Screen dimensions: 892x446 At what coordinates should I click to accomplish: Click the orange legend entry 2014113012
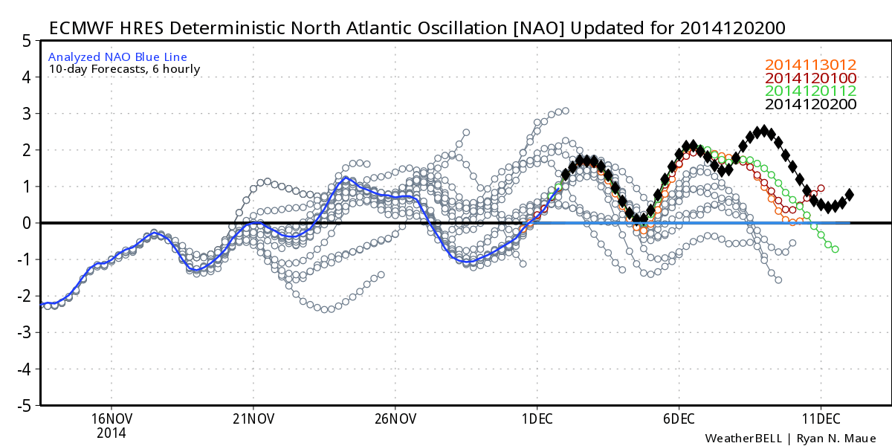(810, 65)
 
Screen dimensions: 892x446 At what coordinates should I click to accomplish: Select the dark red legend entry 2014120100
(810, 78)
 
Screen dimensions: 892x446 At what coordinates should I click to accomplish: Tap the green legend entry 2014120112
(810, 91)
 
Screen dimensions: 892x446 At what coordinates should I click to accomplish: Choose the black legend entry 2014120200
(810, 104)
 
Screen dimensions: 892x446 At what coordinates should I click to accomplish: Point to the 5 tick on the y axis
(27, 41)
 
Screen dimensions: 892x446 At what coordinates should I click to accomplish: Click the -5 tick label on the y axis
(24, 406)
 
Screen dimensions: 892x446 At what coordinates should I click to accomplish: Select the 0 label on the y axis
(27, 224)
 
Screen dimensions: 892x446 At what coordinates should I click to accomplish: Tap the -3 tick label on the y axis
(24, 332)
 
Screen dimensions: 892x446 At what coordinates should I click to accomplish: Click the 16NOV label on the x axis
(111, 419)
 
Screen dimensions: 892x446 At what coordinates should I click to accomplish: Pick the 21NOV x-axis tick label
(253, 419)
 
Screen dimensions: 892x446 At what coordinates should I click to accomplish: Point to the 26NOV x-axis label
(395, 419)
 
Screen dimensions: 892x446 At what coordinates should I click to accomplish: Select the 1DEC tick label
(537, 419)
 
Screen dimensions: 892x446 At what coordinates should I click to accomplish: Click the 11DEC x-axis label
(821, 419)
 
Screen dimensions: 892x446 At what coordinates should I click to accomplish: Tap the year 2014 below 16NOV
(111, 433)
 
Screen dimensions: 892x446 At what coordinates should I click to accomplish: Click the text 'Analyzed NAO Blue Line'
(117, 57)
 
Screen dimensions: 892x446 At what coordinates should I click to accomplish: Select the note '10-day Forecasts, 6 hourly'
(124, 69)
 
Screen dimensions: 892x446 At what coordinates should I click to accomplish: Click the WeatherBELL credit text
(743, 439)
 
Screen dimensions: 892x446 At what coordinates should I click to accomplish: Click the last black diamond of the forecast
(850, 195)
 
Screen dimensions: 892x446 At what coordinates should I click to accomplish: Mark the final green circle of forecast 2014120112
(836, 249)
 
